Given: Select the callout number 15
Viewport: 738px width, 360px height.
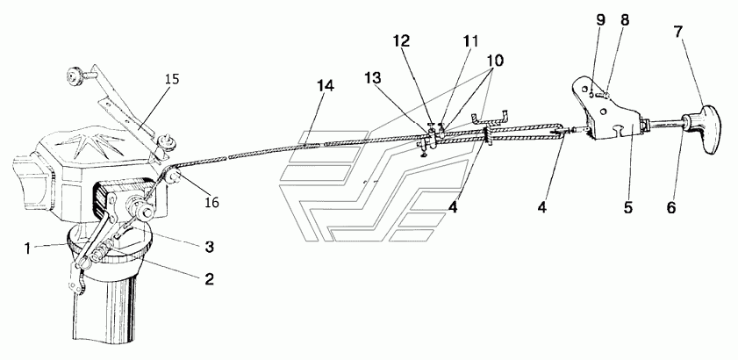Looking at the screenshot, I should coord(172,79).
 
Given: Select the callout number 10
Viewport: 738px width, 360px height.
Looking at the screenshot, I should coord(494,61).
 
